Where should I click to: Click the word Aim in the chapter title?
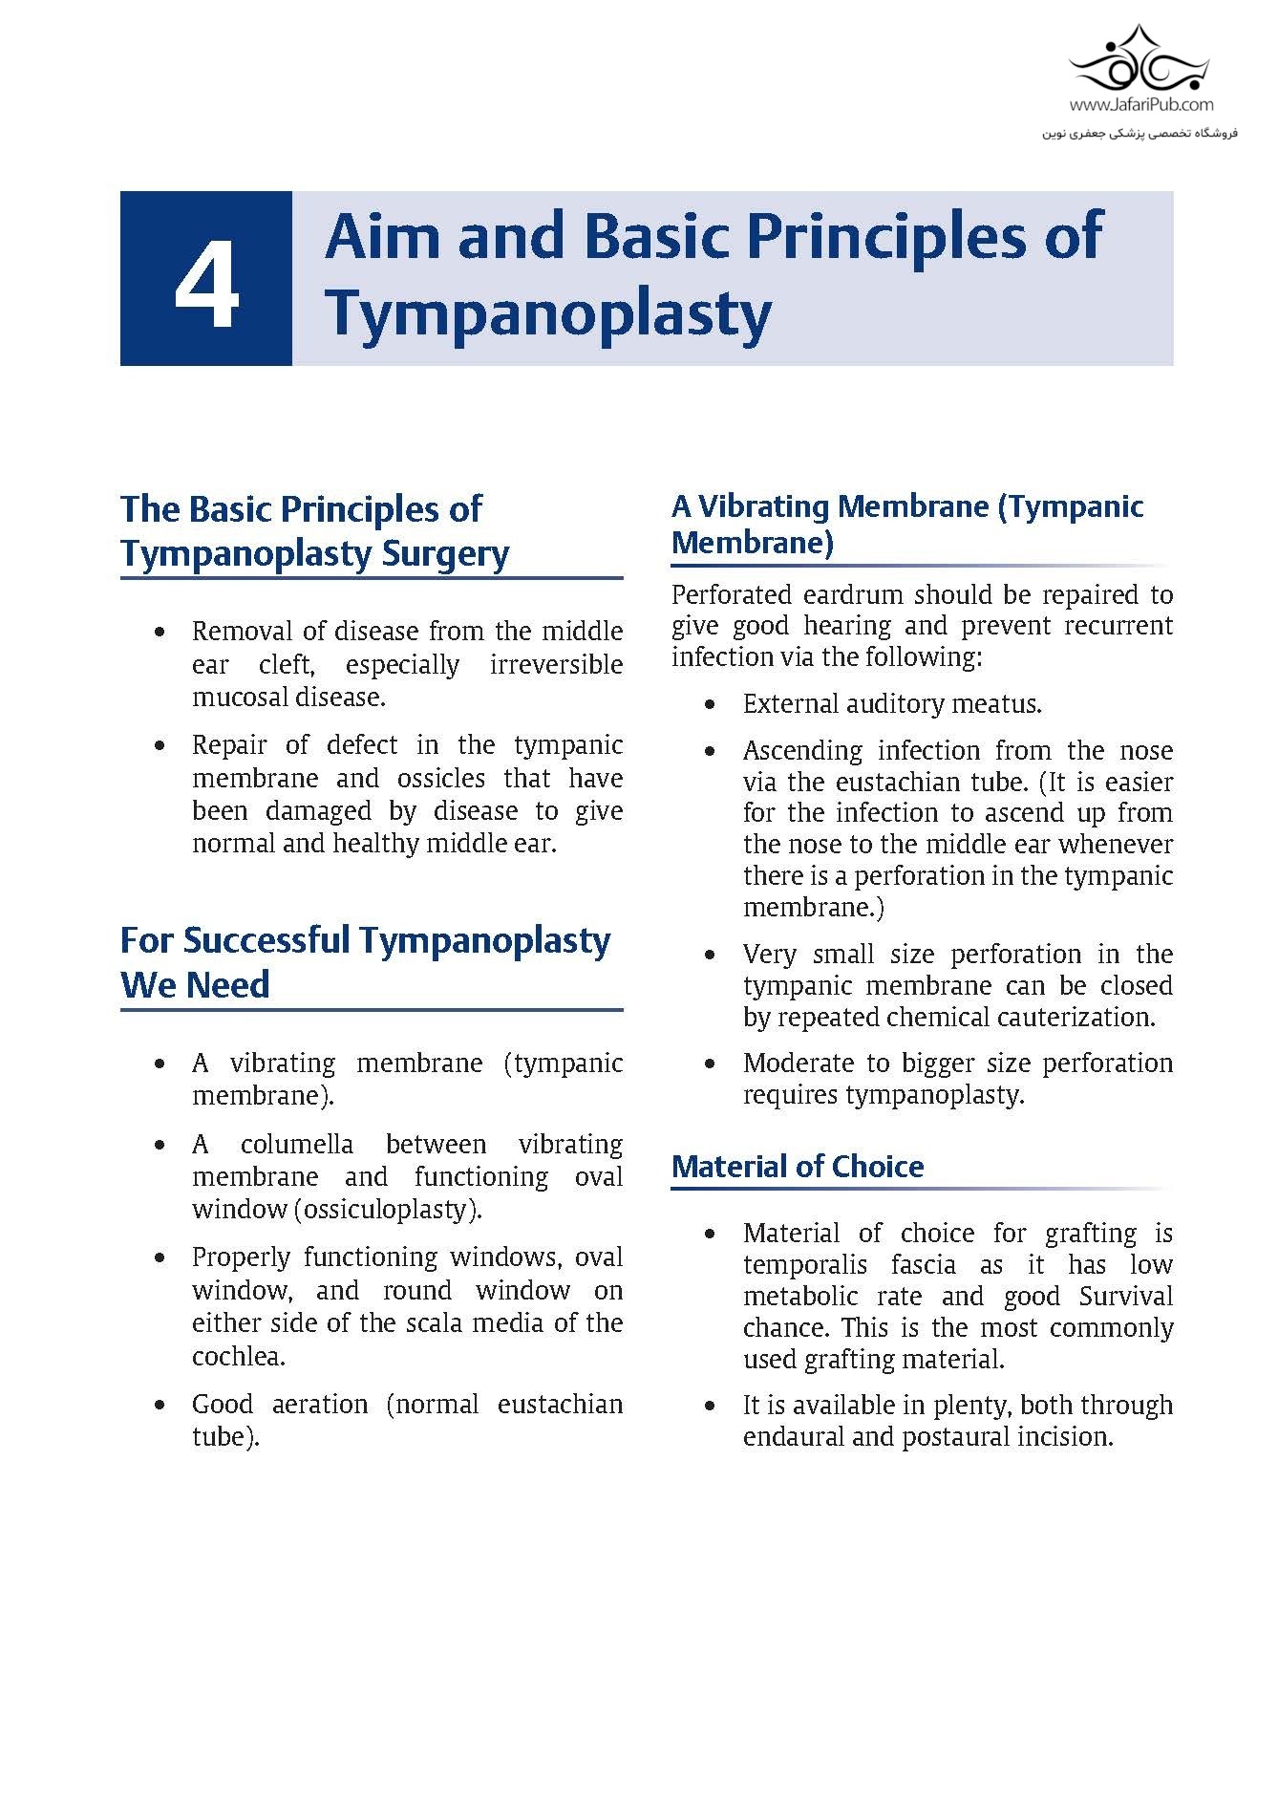[381, 236]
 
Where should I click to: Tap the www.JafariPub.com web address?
[1140, 105]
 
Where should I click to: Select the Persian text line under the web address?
[1140, 133]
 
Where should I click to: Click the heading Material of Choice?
[798, 1167]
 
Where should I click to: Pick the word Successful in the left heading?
[268, 940]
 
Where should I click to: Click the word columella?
[296, 1144]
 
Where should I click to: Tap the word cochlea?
[239, 1356]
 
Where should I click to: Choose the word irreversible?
[556, 664]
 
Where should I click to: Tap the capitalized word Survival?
[1126, 1296]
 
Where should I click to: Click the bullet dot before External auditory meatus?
[710, 705]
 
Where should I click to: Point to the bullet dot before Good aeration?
[160, 1406]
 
